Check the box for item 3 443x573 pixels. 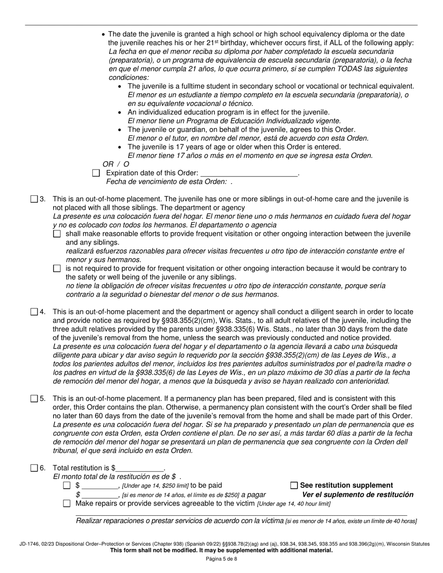pyautogui.click(x=34, y=199)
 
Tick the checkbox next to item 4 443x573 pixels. pyautogui.click(x=34, y=312)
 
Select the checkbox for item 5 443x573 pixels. pyautogui.click(x=34, y=398)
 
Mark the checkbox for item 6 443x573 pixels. pyautogui.click(x=34, y=468)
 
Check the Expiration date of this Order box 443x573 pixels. pyautogui.click(x=96, y=173)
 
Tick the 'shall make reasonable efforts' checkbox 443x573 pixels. pyautogui.click(x=57, y=234)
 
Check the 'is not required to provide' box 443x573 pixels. pyautogui.click(x=57, y=268)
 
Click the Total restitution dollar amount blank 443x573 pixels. pyautogui.click(x=140, y=468)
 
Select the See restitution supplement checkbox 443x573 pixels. pyautogui.click(x=294, y=485)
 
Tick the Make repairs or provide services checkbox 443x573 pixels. pyautogui.click(x=67, y=503)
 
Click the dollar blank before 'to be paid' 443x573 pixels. pyautogui.click(x=100, y=486)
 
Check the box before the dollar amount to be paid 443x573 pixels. pyautogui.click(x=67, y=485)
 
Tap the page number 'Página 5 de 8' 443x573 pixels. pyautogui.click(x=221, y=559)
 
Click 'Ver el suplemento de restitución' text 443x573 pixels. pyautogui.click(x=358, y=495)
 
